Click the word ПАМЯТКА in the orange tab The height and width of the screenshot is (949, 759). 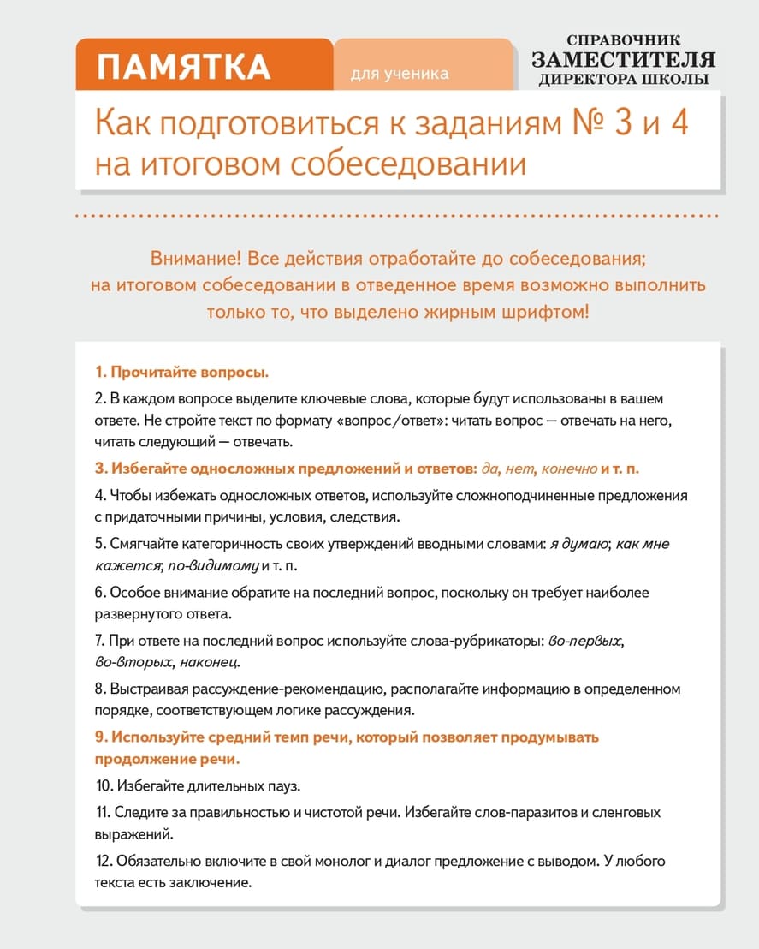184,67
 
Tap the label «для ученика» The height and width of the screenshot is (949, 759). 400,74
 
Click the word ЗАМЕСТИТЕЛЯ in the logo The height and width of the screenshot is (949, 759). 623,60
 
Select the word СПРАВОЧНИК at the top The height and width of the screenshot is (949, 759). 623,39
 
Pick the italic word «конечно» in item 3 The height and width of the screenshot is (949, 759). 569,469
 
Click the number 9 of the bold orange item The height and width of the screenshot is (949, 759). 100,737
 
